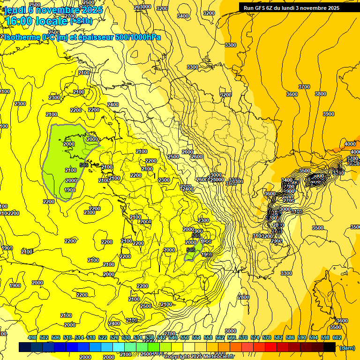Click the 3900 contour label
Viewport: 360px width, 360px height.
[328, 114]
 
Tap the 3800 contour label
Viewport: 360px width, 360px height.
[321, 94]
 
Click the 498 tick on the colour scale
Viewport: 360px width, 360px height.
[32, 337]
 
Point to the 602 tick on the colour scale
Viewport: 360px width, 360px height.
[337, 337]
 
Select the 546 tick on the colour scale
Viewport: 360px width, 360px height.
[173, 337]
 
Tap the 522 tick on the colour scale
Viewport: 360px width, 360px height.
[103, 337]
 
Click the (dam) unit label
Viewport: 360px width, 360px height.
[347, 347]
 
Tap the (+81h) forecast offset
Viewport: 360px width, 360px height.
[81, 22]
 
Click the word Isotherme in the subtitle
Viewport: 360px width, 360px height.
[22, 37]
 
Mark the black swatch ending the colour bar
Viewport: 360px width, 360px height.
[329, 347]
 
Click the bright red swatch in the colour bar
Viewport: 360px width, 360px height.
[270, 347]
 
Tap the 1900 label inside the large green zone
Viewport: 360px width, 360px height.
[70, 190]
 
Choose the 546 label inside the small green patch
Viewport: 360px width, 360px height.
[190, 250]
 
